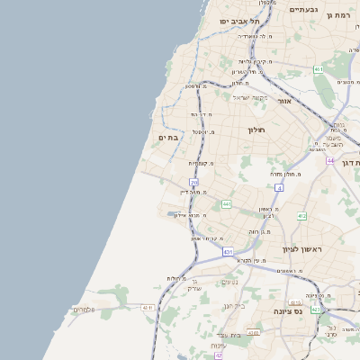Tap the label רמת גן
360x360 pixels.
(x=337, y=15)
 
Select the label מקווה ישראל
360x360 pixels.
(x=251, y=97)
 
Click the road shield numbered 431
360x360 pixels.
(x=228, y=252)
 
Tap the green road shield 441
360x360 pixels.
(x=226, y=204)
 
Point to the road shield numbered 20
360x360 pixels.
(x=193, y=184)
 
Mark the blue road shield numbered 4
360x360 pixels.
(x=280, y=188)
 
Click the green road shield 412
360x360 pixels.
(x=301, y=216)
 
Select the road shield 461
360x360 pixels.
(x=319, y=69)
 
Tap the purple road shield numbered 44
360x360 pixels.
(x=330, y=160)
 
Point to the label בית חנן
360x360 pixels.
(x=232, y=306)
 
